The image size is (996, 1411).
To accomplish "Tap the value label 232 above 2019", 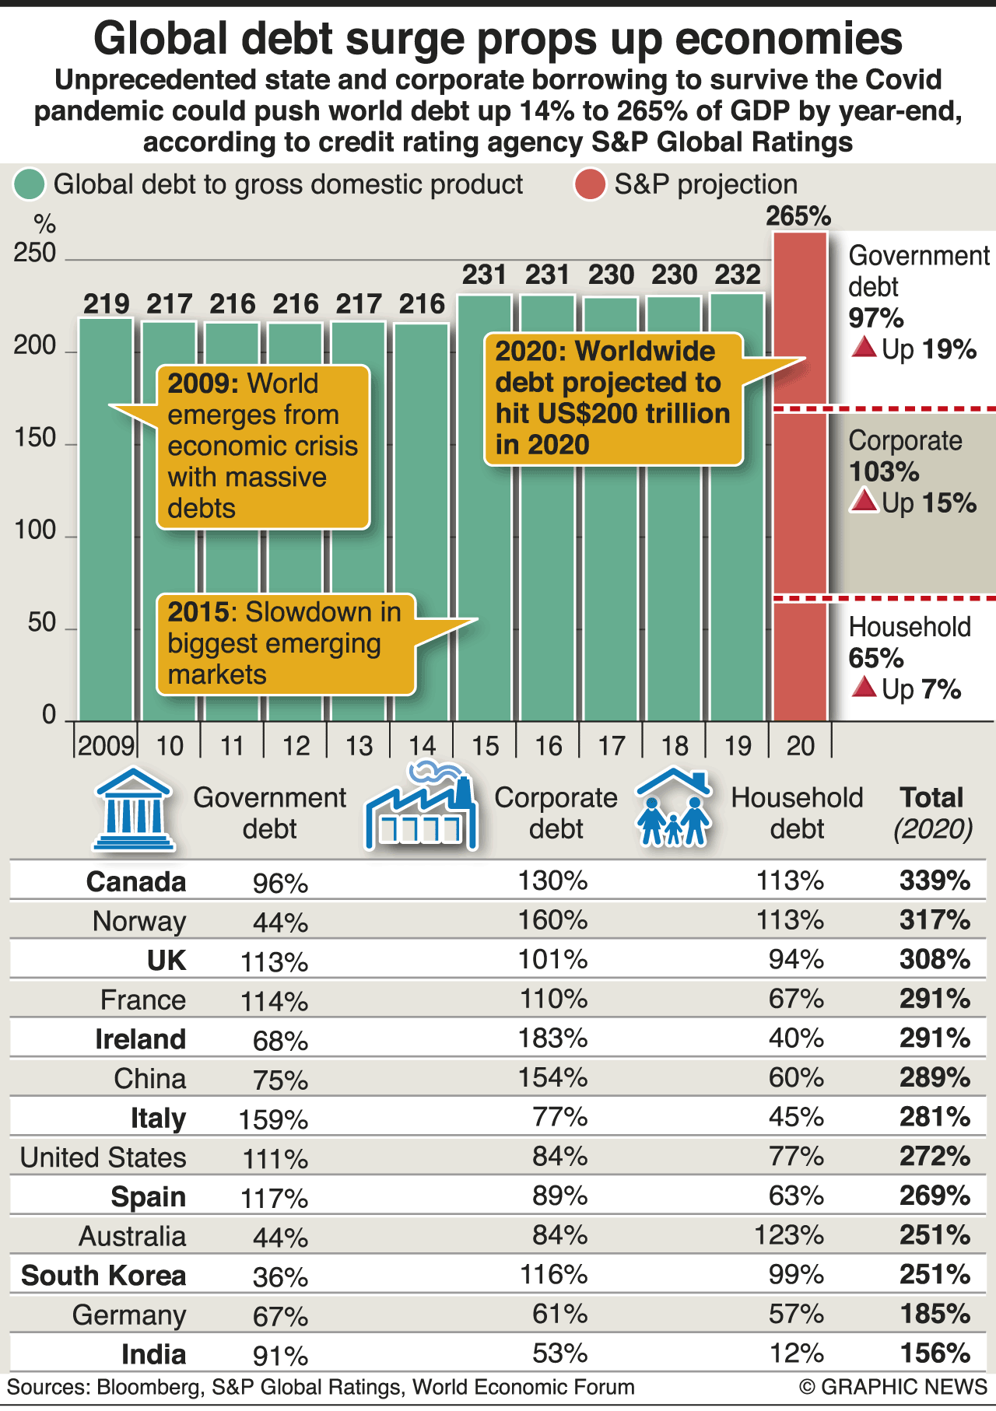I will click(x=737, y=275).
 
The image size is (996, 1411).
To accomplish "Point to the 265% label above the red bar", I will click(x=798, y=215).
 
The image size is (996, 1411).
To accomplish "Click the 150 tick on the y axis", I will click(x=35, y=438).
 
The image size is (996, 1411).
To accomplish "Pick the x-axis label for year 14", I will click(x=422, y=746).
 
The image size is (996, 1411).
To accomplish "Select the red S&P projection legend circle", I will click(x=590, y=185).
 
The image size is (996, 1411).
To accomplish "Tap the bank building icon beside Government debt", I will click(x=134, y=809).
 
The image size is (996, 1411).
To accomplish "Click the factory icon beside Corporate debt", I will click(x=421, y=809).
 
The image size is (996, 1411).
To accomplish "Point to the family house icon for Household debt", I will click(x=674, y=809).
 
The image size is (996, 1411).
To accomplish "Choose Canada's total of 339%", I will click(x=935, y=881).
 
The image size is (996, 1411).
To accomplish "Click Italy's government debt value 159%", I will click(x=273, y=1119).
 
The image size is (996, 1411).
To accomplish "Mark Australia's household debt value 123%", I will click(x=788, y=1235).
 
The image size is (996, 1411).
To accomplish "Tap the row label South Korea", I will click(x=103, y=1276).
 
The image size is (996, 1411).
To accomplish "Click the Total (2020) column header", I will click(x=932, y=813).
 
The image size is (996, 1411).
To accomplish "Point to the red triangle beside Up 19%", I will click(x=864, y=348).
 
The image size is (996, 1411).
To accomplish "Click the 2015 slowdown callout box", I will click(x=286, y=643).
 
